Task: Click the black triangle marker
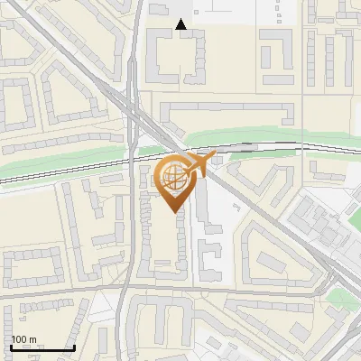[x=181, y=24]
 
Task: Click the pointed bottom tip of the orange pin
[x=174, y=210]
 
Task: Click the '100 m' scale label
[x=23, y=339]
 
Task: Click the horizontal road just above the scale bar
[x=54, y=295]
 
